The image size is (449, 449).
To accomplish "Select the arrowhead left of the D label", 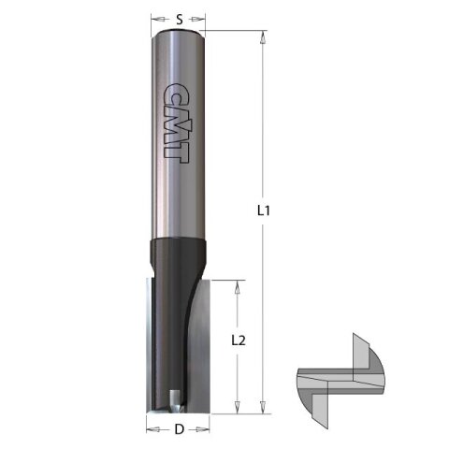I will (x=151, y=430).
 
